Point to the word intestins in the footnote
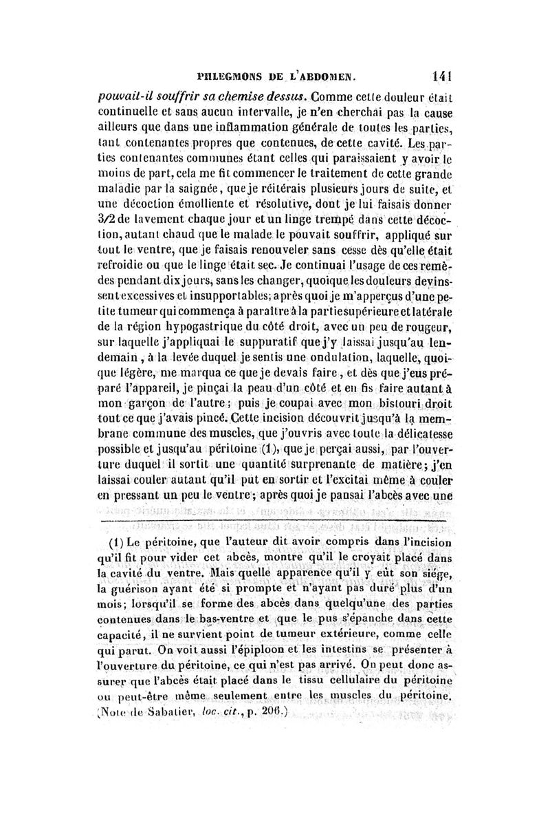click(340, 667)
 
